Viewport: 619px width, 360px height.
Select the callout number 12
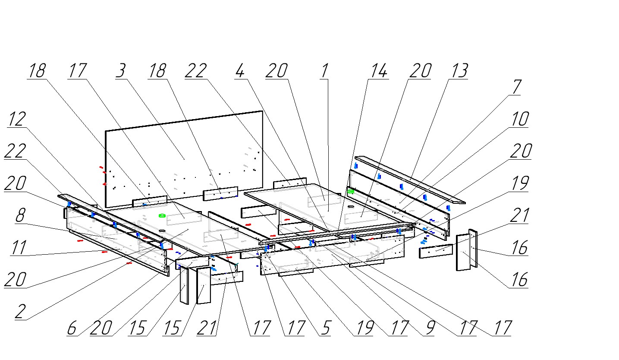(x=16, y=120)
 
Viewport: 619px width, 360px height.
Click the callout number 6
(x=72, y=328)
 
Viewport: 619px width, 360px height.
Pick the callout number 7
(x=516, y=88)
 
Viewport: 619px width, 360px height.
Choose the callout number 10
(x=519, y=120)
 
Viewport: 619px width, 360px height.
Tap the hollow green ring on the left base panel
(x=162, y=215)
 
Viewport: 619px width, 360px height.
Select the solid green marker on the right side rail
(x=351, y=191)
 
